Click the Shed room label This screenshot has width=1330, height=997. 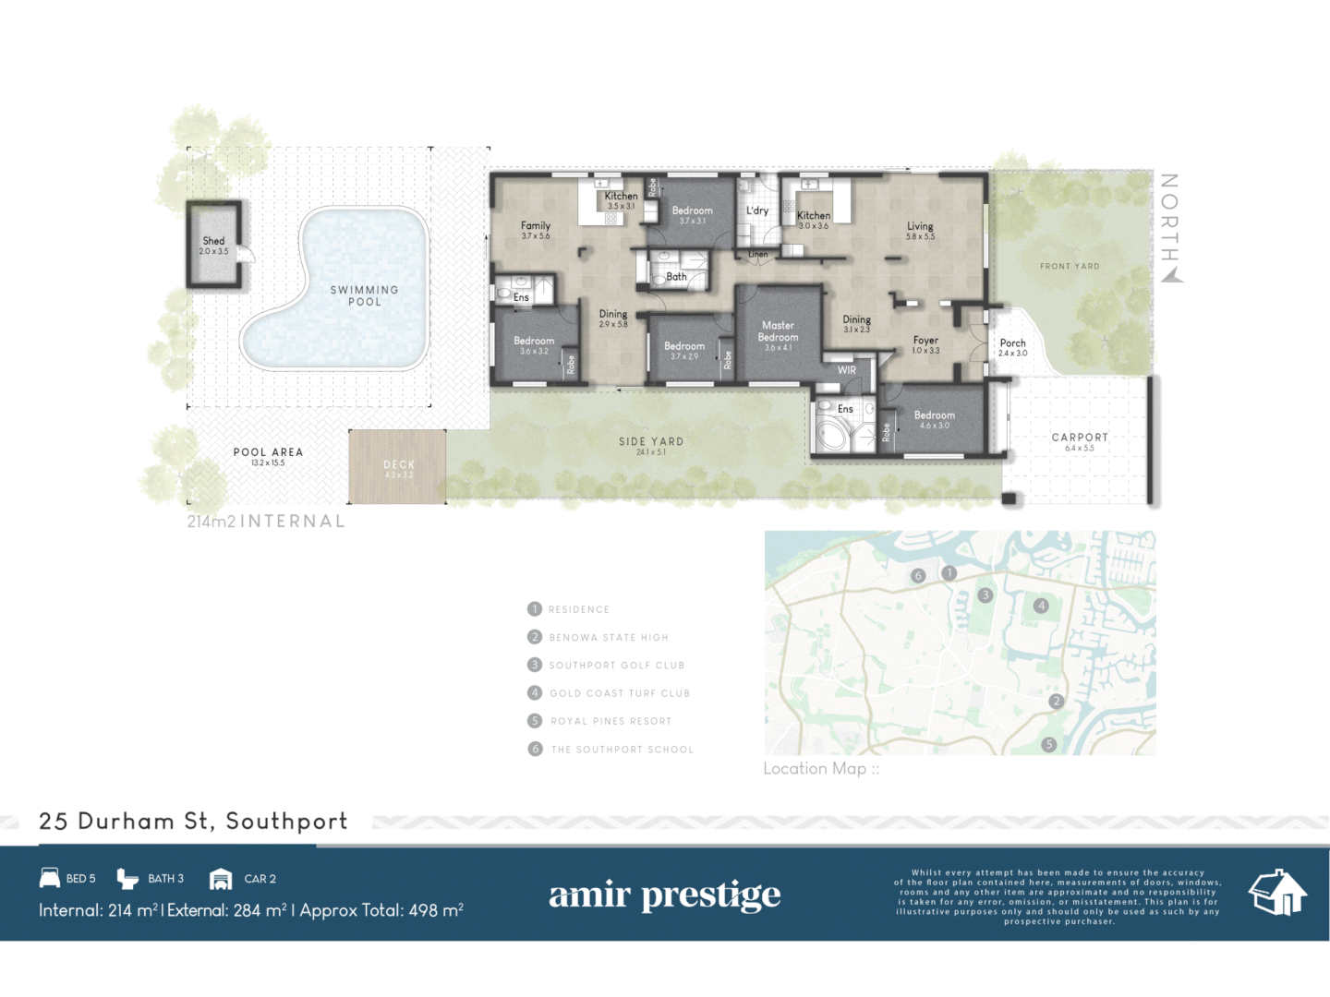(213, 242)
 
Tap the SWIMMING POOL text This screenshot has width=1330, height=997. (365, 295)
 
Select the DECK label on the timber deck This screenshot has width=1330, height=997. (399, 465)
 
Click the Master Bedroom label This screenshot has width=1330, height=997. (778, 331)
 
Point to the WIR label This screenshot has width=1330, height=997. (847, 370)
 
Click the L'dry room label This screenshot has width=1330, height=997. (757, 210)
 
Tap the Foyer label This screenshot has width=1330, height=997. (925, 341)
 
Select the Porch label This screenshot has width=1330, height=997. (1012, 343)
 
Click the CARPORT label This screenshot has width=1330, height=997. (1080, 438)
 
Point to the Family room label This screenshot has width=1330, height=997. (536, 226)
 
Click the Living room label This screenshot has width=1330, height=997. (920, 226)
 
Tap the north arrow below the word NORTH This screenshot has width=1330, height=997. (1172, 274)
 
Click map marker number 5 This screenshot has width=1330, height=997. (1048, 744)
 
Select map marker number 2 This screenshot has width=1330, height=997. (1057, 701)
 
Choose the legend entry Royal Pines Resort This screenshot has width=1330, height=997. (611, 721)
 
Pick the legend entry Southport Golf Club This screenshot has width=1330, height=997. (616, 666)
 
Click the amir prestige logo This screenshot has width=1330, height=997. (664, 895)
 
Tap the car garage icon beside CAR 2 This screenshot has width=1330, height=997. (221, 879)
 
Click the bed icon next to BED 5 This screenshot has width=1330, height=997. (50, 878)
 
